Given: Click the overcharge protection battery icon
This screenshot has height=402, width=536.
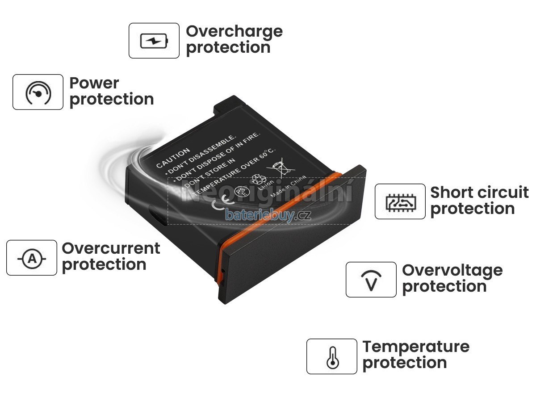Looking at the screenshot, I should [x=154, y=41].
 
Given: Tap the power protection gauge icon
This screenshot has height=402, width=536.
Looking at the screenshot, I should [x=38, y=92].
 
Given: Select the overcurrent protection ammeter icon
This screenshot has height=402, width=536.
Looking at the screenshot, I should [x=32, y=258].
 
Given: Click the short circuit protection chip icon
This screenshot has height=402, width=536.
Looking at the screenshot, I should [x=400, y=201].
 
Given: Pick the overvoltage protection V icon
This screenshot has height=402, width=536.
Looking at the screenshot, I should [x=371, y=280].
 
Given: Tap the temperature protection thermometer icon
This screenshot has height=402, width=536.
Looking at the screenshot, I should [x=331, y=356].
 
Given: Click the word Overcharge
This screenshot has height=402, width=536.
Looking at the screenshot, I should [x=234, y=31].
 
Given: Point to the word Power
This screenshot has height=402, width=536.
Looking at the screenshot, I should [x=94, y=83].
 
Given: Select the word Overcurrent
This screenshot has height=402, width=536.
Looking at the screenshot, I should [x=111, y=248].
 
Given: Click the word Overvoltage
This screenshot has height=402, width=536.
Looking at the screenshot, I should [x=452, y=270].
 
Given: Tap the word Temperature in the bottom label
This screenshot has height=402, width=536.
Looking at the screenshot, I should [x=416, y=347].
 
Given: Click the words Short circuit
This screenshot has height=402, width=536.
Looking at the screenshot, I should [x=479, y=193].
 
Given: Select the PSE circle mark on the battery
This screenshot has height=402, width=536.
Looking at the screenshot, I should [x=241, y=191].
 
